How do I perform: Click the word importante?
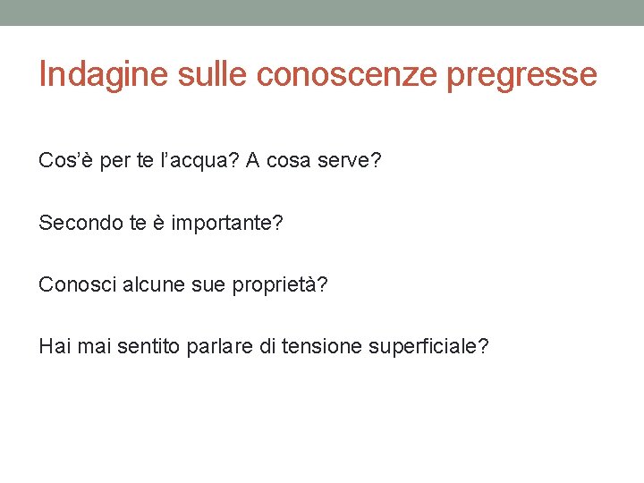pos(226,223)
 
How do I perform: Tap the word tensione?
pos(321,346)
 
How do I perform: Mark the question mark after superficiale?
pos(484,346)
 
